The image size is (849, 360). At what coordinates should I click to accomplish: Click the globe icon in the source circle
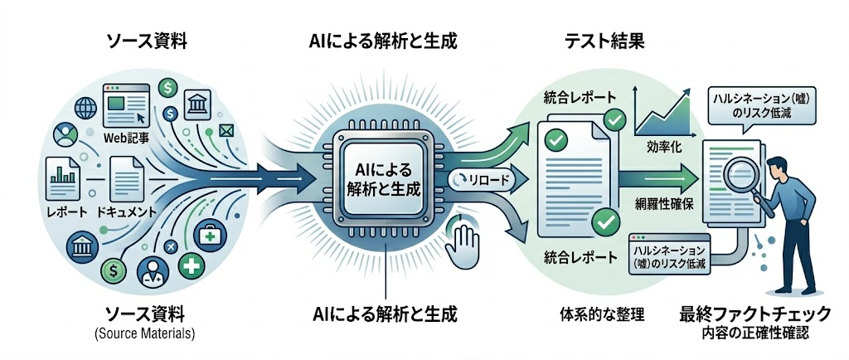(x=85, y=107)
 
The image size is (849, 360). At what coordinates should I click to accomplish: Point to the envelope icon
(x=224, y=130)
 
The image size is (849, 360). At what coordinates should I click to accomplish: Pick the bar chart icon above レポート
(x=63, y=178)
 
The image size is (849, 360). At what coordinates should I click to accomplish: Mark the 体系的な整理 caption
(x=602, y=314)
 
